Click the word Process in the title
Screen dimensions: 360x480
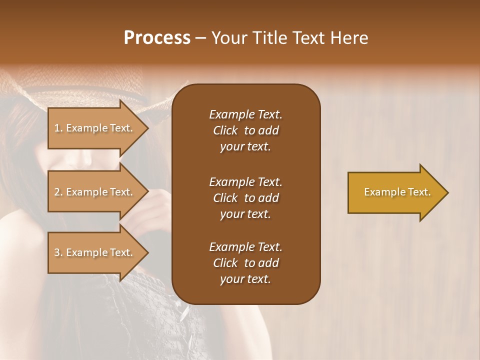click(x=157, y=37)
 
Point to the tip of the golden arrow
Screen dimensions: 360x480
click(x=447, y=192)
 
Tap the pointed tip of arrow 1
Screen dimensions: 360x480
click(x=147, y=128)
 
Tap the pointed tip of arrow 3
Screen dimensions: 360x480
click(x=147, y=252)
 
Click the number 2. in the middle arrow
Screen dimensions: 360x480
click(x=58, y=192)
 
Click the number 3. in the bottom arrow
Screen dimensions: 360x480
click(x=58, y=252)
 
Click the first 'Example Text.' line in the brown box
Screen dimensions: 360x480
click(x=245, y=114)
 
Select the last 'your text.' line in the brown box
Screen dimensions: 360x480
click(x=245, y=279)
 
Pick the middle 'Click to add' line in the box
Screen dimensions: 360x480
click(x=245, y=198)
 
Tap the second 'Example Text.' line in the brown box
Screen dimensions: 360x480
click(x=245, y=181)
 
